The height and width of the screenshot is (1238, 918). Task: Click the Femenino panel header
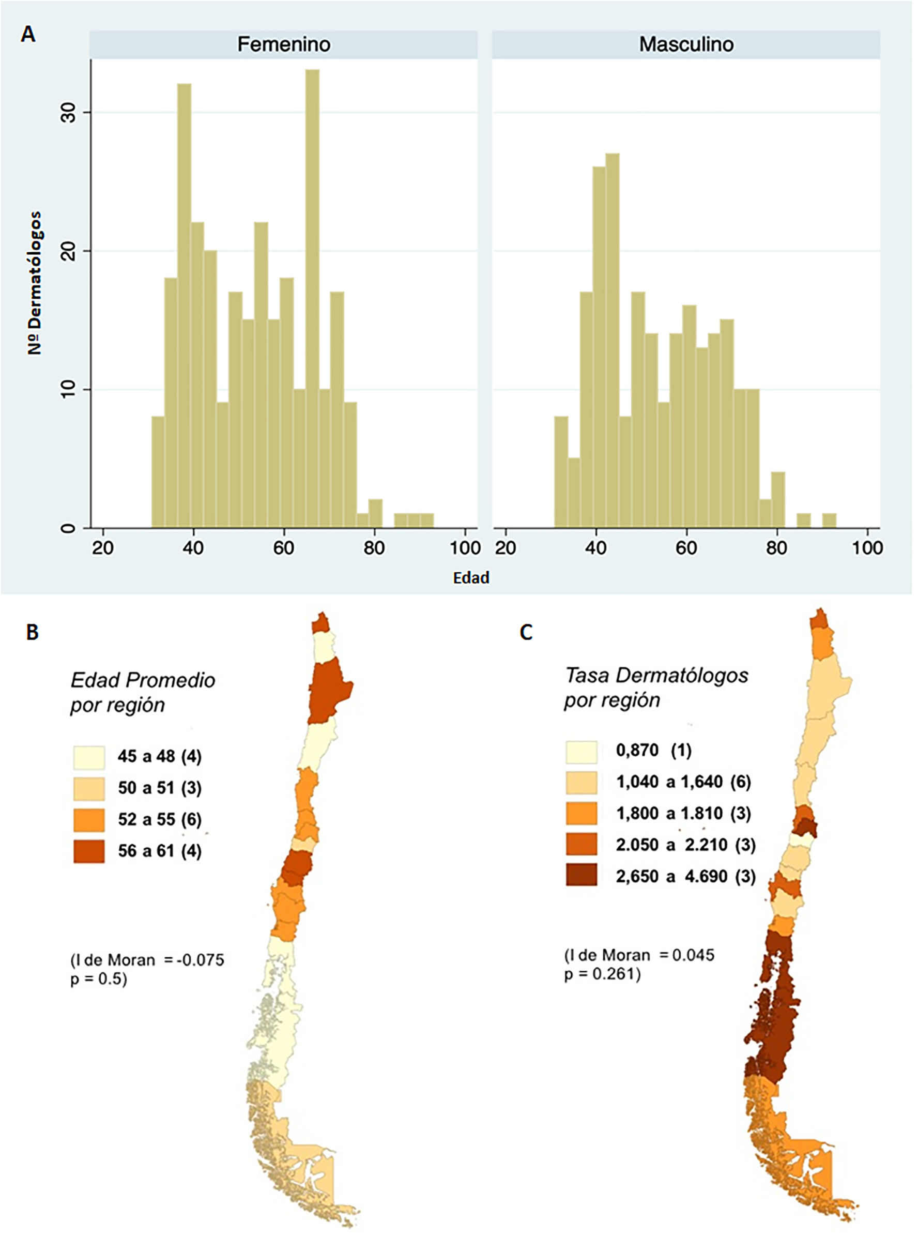283,44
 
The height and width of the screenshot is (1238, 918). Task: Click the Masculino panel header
686,44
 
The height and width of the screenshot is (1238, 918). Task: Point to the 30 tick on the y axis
68,112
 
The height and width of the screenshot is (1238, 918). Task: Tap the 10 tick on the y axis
68,390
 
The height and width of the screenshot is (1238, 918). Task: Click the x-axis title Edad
471,578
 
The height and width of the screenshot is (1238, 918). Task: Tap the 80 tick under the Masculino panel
776,548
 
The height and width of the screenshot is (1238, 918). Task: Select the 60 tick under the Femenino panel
283,548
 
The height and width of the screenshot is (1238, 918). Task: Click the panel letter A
28,35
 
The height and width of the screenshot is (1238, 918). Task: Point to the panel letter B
32,632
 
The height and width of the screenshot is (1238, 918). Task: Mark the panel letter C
526,632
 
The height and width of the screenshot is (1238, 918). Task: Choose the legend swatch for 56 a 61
89,851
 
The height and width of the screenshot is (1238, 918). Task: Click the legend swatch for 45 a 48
89,757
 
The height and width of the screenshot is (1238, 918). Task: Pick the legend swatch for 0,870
582,751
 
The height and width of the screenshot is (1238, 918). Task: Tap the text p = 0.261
602,974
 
